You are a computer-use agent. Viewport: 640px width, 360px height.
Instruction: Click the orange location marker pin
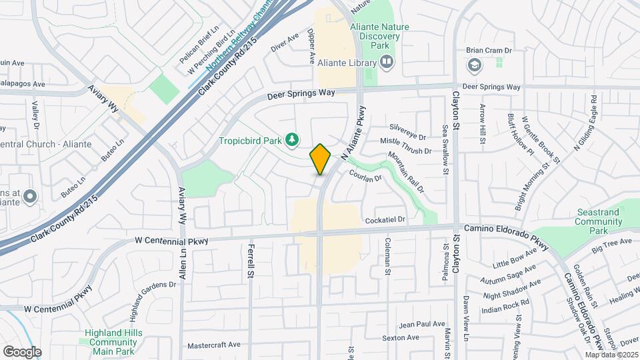pyautogui.click(x=321, y=159)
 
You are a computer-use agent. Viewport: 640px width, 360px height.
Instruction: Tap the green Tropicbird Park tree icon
pyautogui.click(x=291, y=139)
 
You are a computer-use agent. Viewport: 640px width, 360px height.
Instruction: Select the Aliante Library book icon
pyautogui.click(x=386, y=62)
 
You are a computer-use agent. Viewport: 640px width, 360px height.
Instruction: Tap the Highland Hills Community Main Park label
pyautogui.click(x=111, y=341)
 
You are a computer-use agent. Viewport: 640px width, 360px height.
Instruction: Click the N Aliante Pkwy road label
pyautogui.click(x=354, y=133)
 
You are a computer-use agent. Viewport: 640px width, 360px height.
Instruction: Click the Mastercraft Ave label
pyautogui.click(x=213, y=345)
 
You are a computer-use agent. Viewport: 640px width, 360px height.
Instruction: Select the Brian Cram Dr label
pyautogui.click(x=489, y=51)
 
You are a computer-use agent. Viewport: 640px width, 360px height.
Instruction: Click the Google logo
pyautogui.click(x=22, y=351)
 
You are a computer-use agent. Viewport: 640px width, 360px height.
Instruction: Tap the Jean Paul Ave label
pyautogui.click(x=421, y=324)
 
